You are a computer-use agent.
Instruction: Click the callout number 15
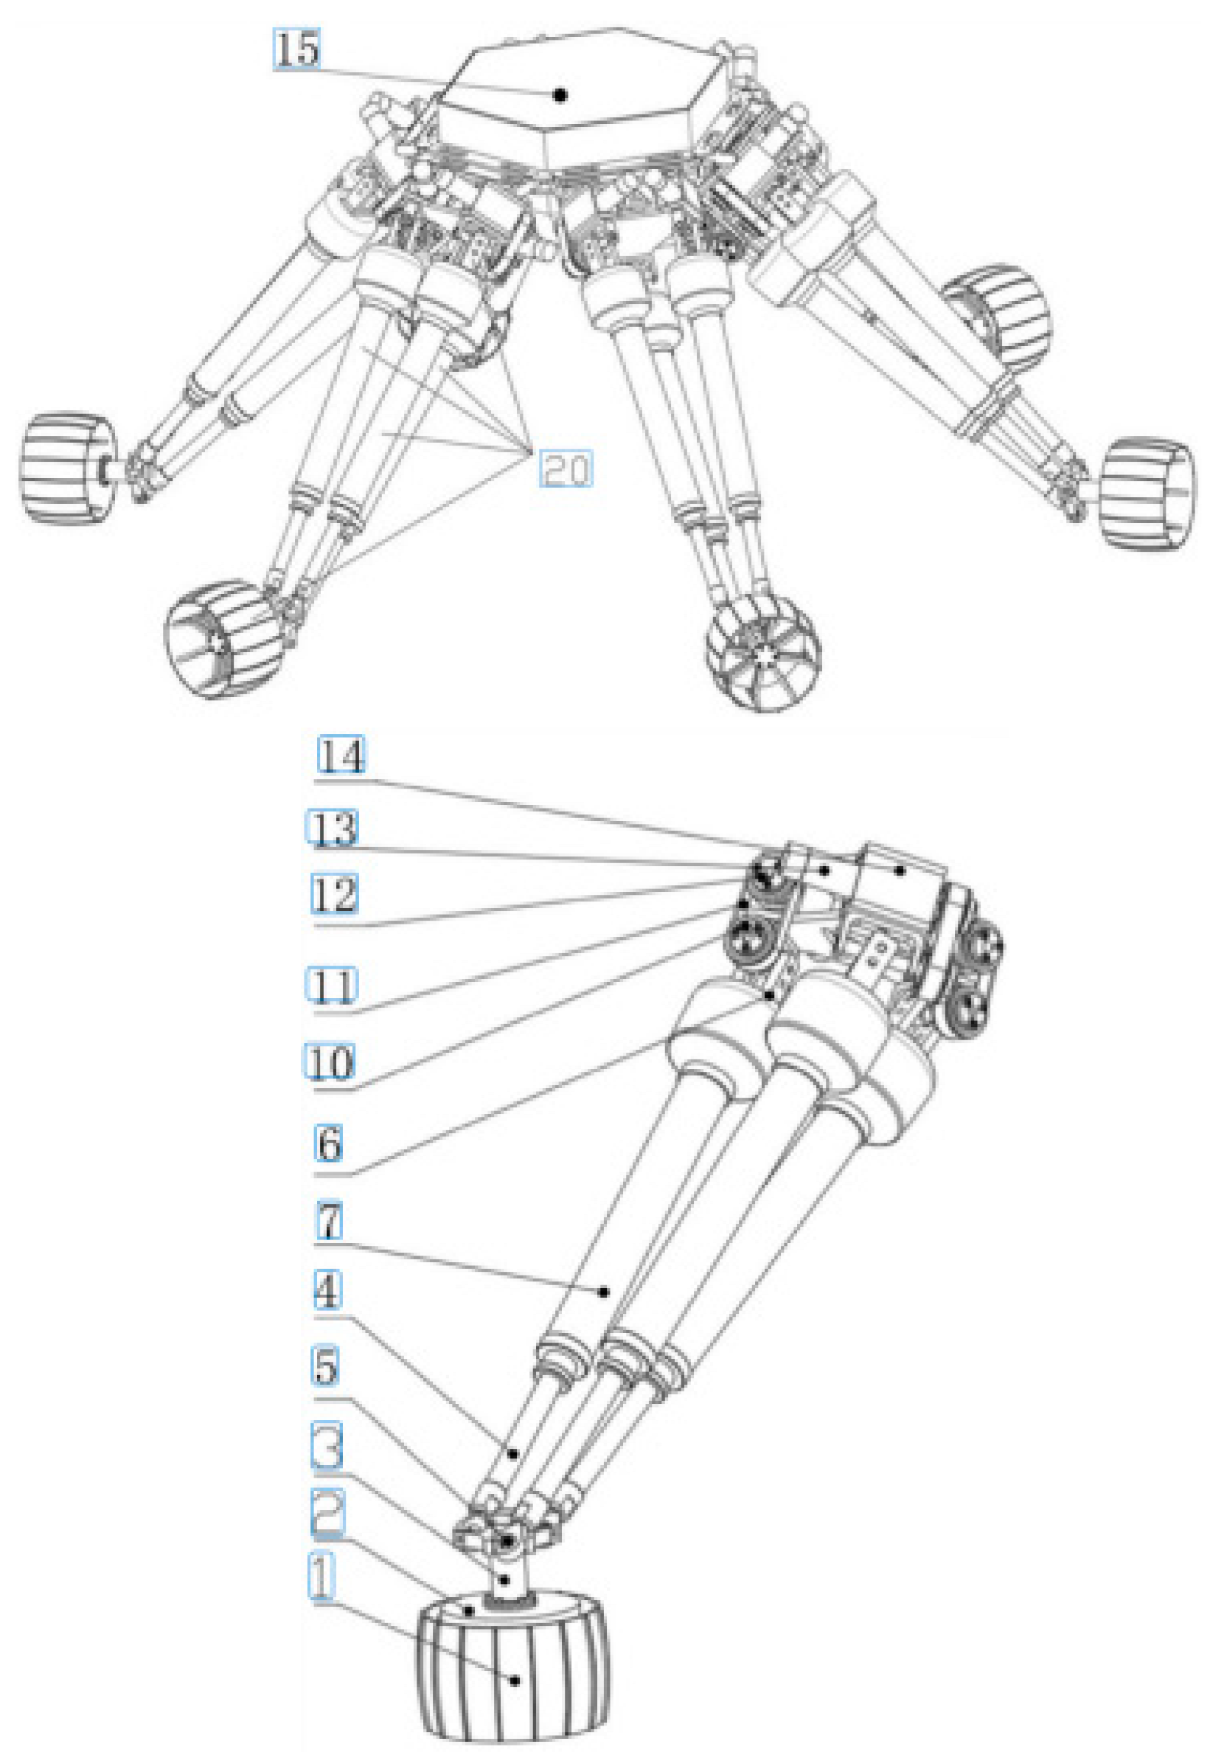[x=296, y=50]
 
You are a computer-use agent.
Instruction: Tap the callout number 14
[x=341, y=755]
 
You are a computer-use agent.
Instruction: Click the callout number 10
[x=330, y=1062]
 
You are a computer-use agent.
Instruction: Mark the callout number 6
[x=329, y=1143]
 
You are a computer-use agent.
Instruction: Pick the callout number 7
[x=329, y=1220]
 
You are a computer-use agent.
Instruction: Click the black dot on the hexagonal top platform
[x=560, y=95]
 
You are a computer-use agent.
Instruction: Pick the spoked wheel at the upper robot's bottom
[x=762, y=652]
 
